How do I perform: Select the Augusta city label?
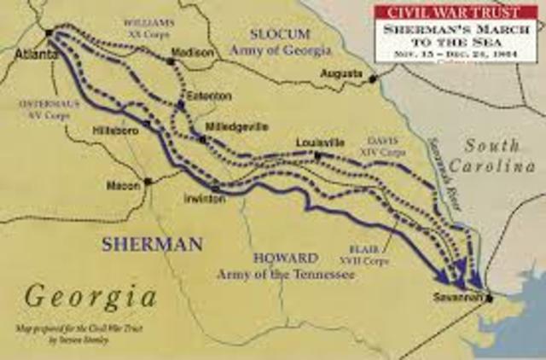coord(342,73)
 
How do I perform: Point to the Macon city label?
coord(122,184)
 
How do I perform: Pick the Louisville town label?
coord(321,142)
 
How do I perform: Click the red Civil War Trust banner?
coord(459,12)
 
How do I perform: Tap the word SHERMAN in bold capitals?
coord(152,244)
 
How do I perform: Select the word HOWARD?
coord(279,258)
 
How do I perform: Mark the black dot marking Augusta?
coord(373,79)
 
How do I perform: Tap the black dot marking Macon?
coord(148,181)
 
